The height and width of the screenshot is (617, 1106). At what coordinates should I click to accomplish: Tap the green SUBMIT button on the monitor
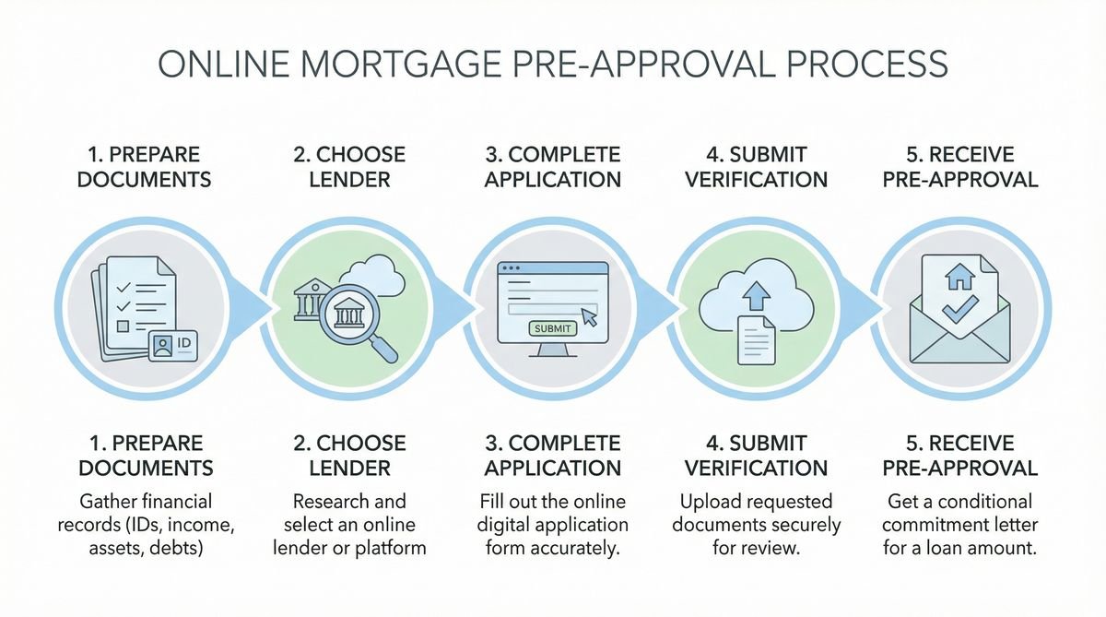click(x=552, y=327)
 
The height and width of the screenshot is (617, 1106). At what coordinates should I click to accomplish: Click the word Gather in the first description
click(x=107, y=503)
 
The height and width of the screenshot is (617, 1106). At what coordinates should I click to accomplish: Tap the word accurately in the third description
click(x=586, y=549)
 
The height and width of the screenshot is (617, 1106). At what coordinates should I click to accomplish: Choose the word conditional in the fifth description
click(x=988, y=503)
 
